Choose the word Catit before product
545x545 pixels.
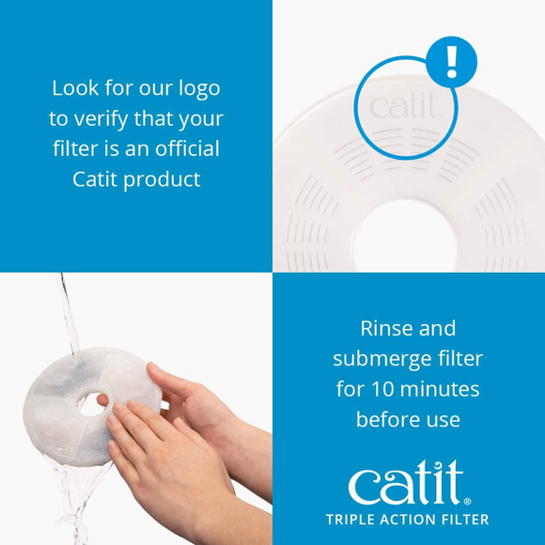click(x=95, y=179)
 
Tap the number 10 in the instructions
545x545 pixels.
click(x=381, y=388)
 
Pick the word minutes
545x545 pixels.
click(x=440, y=388)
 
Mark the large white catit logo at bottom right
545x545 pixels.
click(x=404, y=483)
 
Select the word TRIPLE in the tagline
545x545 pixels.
click(x=352, y=520)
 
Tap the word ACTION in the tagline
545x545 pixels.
click(x=411, y=520)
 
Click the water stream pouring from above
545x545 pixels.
click(x=67, y=319)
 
